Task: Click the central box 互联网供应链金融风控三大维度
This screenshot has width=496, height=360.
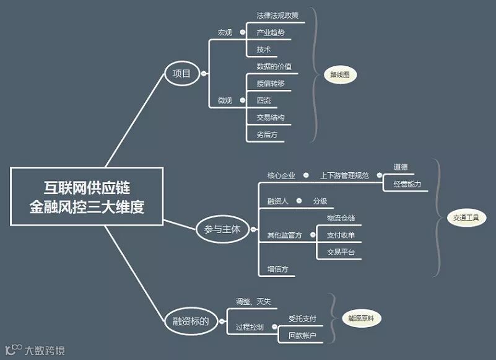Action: tap(87, 196)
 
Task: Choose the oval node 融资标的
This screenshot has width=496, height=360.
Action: tap(187, 321)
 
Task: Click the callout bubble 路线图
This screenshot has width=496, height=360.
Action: tap(340, 76)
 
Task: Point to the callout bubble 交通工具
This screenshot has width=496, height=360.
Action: tap(466, 218)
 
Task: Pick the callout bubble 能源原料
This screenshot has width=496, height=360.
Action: tap(362, 318)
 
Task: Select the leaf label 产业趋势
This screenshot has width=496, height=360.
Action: tap(270, 32)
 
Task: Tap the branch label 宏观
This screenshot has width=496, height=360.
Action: tap(224, 32)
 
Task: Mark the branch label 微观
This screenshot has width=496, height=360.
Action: tap(224, 100)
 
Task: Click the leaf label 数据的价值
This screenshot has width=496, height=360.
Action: tap(274, 66)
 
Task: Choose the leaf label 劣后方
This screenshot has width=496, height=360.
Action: tap(267, 134)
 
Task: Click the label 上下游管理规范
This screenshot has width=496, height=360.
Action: tap(344, 176)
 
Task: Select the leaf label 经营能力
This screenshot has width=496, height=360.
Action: tap(407, 184)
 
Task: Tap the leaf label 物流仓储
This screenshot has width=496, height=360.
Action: tap(341, 218)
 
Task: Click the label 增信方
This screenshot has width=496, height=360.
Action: tap(277, 269)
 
